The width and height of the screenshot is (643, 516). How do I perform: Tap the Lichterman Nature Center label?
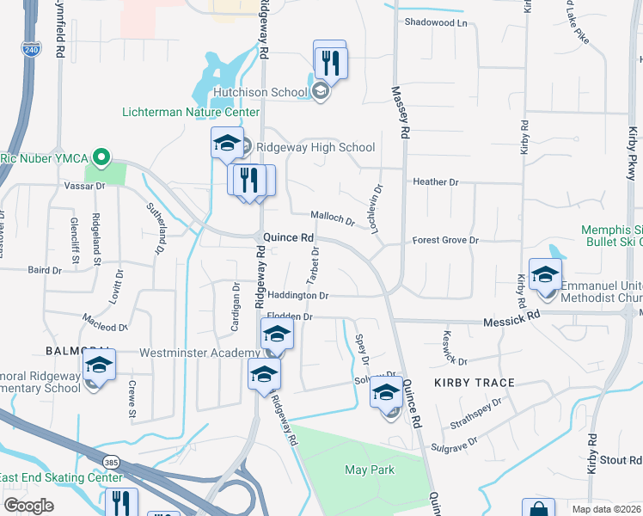tap(190, 112)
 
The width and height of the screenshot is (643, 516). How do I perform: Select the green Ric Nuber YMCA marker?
tap(101, 157)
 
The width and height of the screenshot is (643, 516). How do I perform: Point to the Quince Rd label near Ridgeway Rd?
tap(288, 237)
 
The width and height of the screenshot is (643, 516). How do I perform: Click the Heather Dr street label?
tap(436, 182)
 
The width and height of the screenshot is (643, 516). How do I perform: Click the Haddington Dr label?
tap(298, 295)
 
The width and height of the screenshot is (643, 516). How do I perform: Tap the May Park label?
tap(369, 470)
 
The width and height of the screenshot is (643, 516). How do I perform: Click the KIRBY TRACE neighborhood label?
tap(474, 382)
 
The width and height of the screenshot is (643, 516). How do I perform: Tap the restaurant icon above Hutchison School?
tap(330, 61)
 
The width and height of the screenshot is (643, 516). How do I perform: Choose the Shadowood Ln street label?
tap(436, 22)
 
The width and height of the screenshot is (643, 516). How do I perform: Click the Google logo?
tap(28, 506)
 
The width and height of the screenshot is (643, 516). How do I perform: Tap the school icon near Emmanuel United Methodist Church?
tap(545, 275)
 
